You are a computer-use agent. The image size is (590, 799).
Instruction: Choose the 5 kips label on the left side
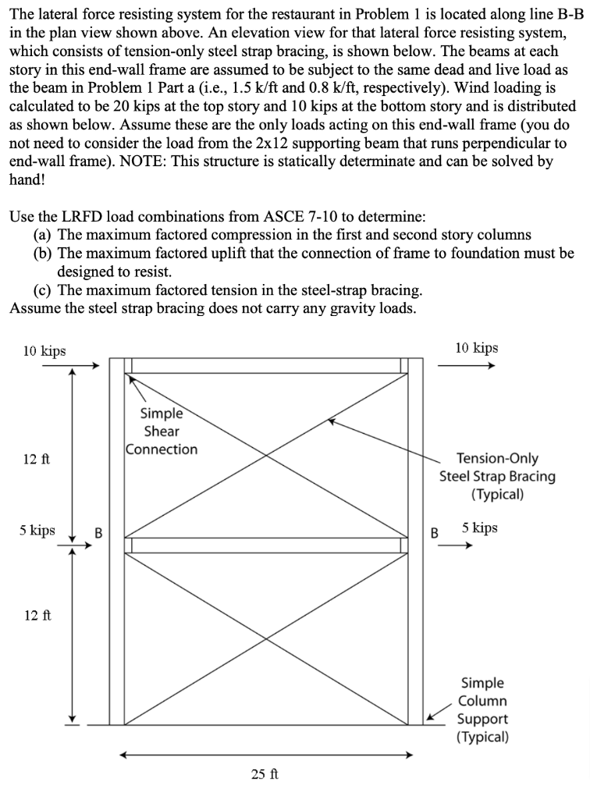pyautogui.click(x=37, y=530)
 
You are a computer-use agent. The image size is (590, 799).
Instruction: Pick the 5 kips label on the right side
pyautogui.click(x=479, y=528)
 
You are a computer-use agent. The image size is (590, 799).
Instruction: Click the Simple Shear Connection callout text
pyautogui.click(x=162, y=431)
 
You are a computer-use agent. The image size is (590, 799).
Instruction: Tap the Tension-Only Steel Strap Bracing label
pyautogui.click(x=497, y=476)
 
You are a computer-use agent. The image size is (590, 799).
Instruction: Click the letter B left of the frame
pyautogui.click(x=98, y=534)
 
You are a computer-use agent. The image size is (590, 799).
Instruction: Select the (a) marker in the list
pyautogui.click(x=44, y=234)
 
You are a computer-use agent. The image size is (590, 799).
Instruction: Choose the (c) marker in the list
pyautogui.click(x=44, y=290)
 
